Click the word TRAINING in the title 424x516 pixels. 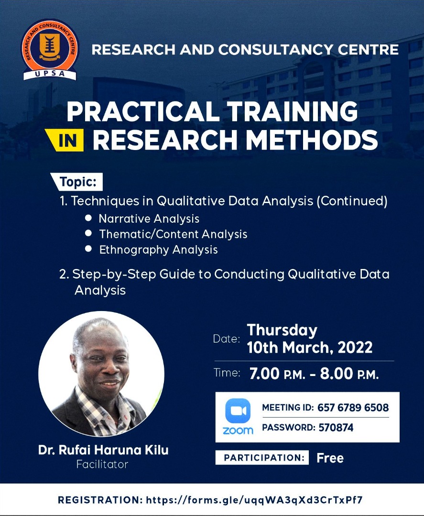293,111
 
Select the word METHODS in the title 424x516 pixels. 312,140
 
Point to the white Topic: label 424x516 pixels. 76,182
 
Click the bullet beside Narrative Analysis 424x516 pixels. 88,218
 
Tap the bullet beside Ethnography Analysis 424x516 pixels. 88,248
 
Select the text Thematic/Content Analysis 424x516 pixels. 173,234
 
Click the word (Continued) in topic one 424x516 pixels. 352,201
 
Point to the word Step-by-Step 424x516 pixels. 114,274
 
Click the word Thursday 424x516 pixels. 282,330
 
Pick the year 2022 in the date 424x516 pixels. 355,347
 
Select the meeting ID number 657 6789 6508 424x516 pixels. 353,408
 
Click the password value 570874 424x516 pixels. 336,428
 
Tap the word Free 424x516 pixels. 330,458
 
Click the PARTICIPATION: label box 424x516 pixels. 262,457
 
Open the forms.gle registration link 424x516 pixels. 254,500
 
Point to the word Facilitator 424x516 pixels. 102,464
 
